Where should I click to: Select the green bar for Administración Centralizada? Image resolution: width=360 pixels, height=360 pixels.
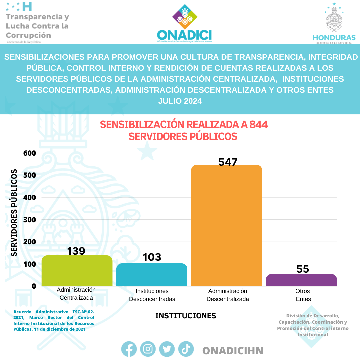77,271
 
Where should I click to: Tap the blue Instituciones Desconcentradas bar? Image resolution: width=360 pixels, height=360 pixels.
152,275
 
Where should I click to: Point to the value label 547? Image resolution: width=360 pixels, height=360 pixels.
228,162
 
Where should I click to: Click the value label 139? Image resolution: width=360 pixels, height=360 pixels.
76,251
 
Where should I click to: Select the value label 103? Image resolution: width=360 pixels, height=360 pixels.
152,257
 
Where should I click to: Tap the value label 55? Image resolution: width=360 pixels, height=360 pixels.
303,269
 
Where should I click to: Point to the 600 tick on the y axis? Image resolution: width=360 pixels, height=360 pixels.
29,153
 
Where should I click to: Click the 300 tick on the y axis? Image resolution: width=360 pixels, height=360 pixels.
29,220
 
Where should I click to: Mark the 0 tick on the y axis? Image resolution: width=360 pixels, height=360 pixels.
34,286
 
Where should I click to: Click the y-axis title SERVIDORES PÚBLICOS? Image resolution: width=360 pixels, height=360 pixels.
14,213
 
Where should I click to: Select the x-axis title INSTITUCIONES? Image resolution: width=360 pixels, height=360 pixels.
186,316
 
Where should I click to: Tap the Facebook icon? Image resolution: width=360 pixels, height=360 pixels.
129,349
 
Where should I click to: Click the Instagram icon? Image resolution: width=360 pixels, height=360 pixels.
148,349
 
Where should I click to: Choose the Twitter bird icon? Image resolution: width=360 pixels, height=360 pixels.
167,349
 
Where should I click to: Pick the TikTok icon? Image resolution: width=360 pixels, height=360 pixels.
186,349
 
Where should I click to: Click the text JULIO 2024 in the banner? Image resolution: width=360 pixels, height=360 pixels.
180,101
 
